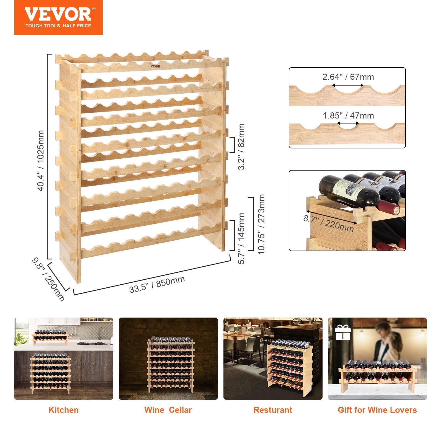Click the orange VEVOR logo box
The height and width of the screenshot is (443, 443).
pos(58,17)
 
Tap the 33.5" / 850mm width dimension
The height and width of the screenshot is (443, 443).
pos(157,284)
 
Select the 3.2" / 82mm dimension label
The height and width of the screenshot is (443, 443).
pos(241,146)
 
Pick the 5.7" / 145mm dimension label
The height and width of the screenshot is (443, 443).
pos(241,238)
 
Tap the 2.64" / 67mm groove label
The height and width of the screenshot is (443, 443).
pos(348,77)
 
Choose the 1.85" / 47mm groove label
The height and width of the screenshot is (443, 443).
pos(348,115)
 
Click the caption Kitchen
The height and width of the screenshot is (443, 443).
pos(63,410)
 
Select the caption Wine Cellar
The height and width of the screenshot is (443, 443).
pos(168,410)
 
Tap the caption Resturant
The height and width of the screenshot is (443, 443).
pos(273,410)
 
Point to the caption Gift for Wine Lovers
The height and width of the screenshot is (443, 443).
pos(377,410)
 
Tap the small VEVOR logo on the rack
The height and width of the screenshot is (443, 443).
pos(156,66)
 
